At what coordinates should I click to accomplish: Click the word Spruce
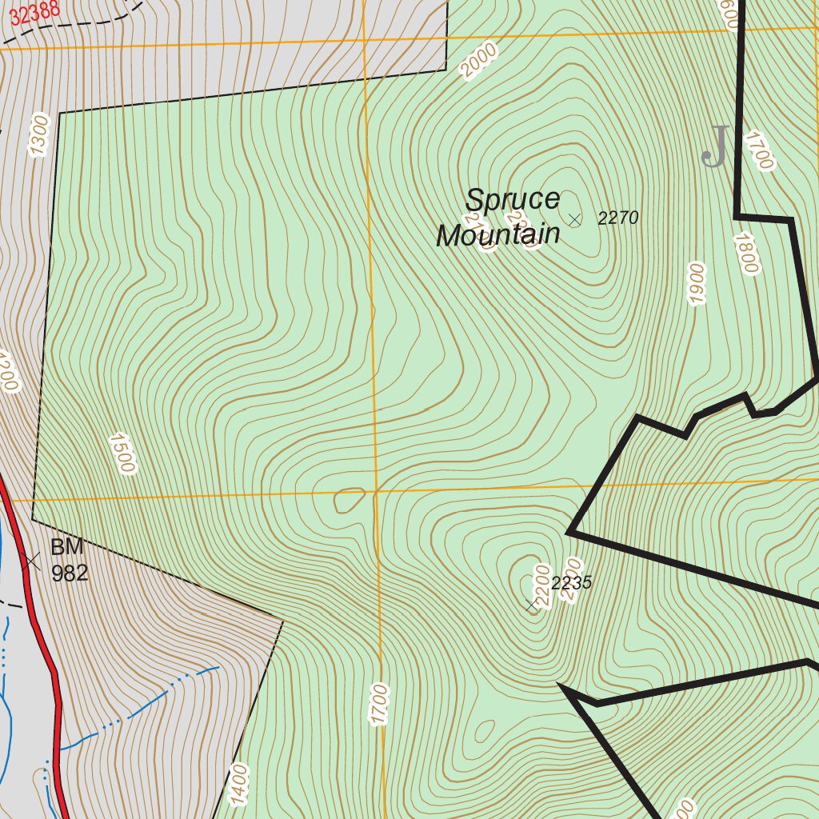[513, 200]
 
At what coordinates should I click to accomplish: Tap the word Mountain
[497, 235]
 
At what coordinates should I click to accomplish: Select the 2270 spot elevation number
[618, 218]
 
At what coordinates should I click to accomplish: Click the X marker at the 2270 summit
[574, 219]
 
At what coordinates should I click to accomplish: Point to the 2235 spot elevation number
[572, 583]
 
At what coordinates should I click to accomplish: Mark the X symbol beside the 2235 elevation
[533, 605]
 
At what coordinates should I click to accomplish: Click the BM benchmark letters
[66, 548]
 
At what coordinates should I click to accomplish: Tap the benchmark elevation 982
[70, 573]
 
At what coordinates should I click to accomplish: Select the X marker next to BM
[32, 561]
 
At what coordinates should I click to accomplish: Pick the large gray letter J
[715, 146]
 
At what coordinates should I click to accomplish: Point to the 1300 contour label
[38, 135]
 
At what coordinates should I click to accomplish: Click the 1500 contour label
[122, 453]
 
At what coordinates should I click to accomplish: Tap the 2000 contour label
[478, 61]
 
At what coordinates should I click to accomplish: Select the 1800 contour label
[745, 254]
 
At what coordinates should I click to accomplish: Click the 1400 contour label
[238, 785]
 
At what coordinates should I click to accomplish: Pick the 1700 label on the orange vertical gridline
[379, 705]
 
